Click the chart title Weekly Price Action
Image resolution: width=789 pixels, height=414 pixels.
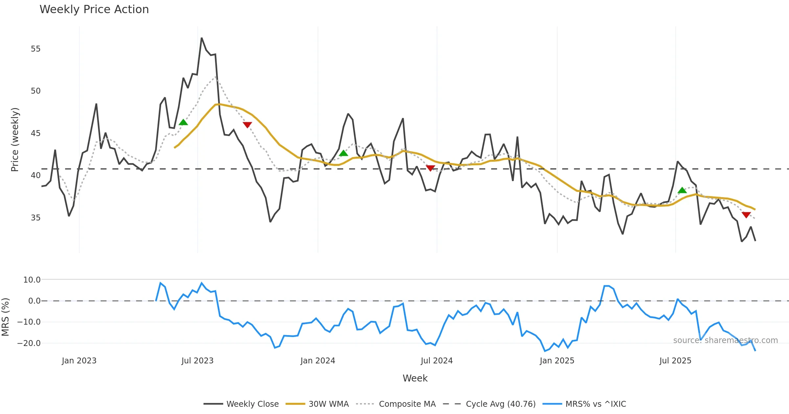click(x=94, y=10)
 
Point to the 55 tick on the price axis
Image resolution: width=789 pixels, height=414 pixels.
click(x=36, y=49)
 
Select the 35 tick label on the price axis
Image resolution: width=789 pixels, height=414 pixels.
click(x=36, y=218)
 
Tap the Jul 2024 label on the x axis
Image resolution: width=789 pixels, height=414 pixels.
click(x=437, y=360)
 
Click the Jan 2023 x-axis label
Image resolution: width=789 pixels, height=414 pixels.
click(x=79, y=360)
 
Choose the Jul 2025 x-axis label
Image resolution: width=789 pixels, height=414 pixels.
click(x=675, y=360)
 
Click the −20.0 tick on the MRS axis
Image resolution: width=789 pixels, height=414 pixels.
click(x=29, y=343)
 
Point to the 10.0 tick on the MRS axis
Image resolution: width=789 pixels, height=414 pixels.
click(x=32, y=280)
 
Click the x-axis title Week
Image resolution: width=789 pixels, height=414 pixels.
click(x=415, y=378)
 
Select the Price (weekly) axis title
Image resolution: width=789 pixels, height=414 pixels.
click(x=15, y=140)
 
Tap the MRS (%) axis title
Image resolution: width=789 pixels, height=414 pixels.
click(x=5, y=317)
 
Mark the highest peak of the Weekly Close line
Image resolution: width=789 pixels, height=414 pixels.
click(x=202, y=38)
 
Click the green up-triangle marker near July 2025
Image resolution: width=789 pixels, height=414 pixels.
click(x=682, y=190)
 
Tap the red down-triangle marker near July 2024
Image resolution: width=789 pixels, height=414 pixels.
click(x=430, y=168)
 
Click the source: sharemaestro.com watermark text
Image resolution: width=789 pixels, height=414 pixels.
click(x=725, y=340)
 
